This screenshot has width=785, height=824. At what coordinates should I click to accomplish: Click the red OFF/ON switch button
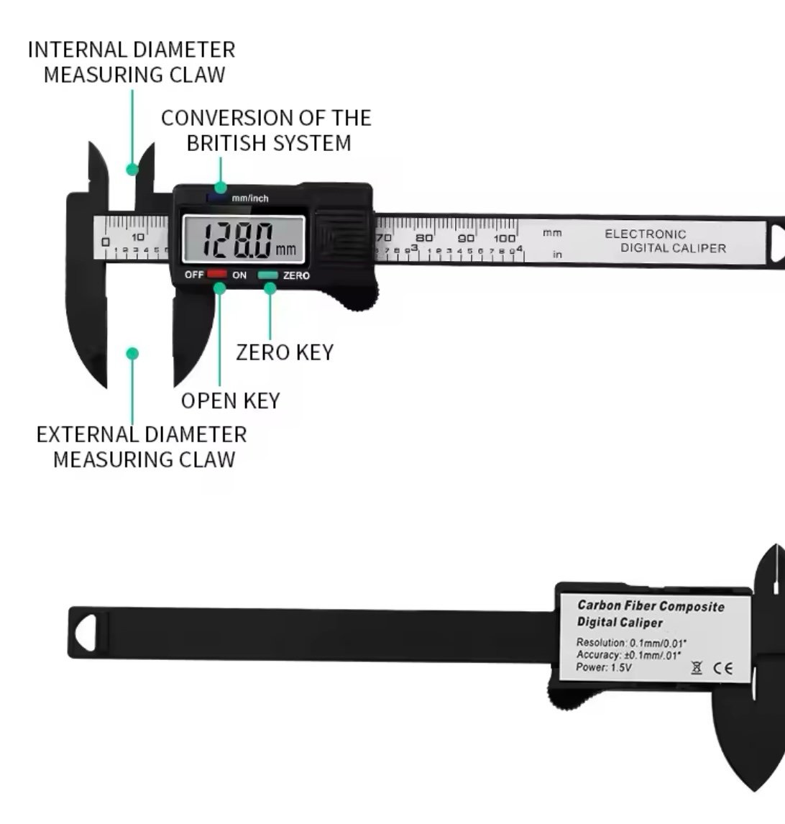(217, 275)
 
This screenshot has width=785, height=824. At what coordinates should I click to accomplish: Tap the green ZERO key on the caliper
(269, 275)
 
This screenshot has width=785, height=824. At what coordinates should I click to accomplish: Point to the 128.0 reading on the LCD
(237, 240)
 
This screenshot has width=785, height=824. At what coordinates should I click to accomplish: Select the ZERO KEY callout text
(285, 352)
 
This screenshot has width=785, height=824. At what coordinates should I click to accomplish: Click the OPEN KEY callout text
(230, 400)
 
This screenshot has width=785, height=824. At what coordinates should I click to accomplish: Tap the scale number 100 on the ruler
(504, 238)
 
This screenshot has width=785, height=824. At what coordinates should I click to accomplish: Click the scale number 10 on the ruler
(137, 237)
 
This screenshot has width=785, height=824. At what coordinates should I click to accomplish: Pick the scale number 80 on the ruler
(424, 238)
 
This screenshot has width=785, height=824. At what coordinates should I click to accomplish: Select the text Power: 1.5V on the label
(604, 668)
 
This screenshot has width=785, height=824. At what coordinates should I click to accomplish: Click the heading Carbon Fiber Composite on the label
(651, 606)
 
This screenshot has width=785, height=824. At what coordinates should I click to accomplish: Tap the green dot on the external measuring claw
(132, 353)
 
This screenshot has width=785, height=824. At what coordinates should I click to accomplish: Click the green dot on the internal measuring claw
(132, 170)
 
